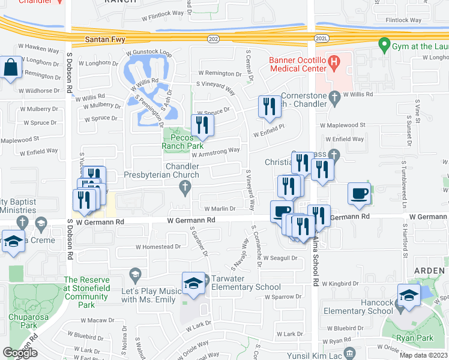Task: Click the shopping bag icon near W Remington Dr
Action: click(11, 68)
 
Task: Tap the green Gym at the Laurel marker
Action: click(382, 44)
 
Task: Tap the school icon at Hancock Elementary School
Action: click(408, 296)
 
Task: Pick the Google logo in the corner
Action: click(20, 353)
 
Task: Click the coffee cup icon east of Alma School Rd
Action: click(359, 193)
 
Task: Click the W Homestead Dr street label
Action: click(158, 247)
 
